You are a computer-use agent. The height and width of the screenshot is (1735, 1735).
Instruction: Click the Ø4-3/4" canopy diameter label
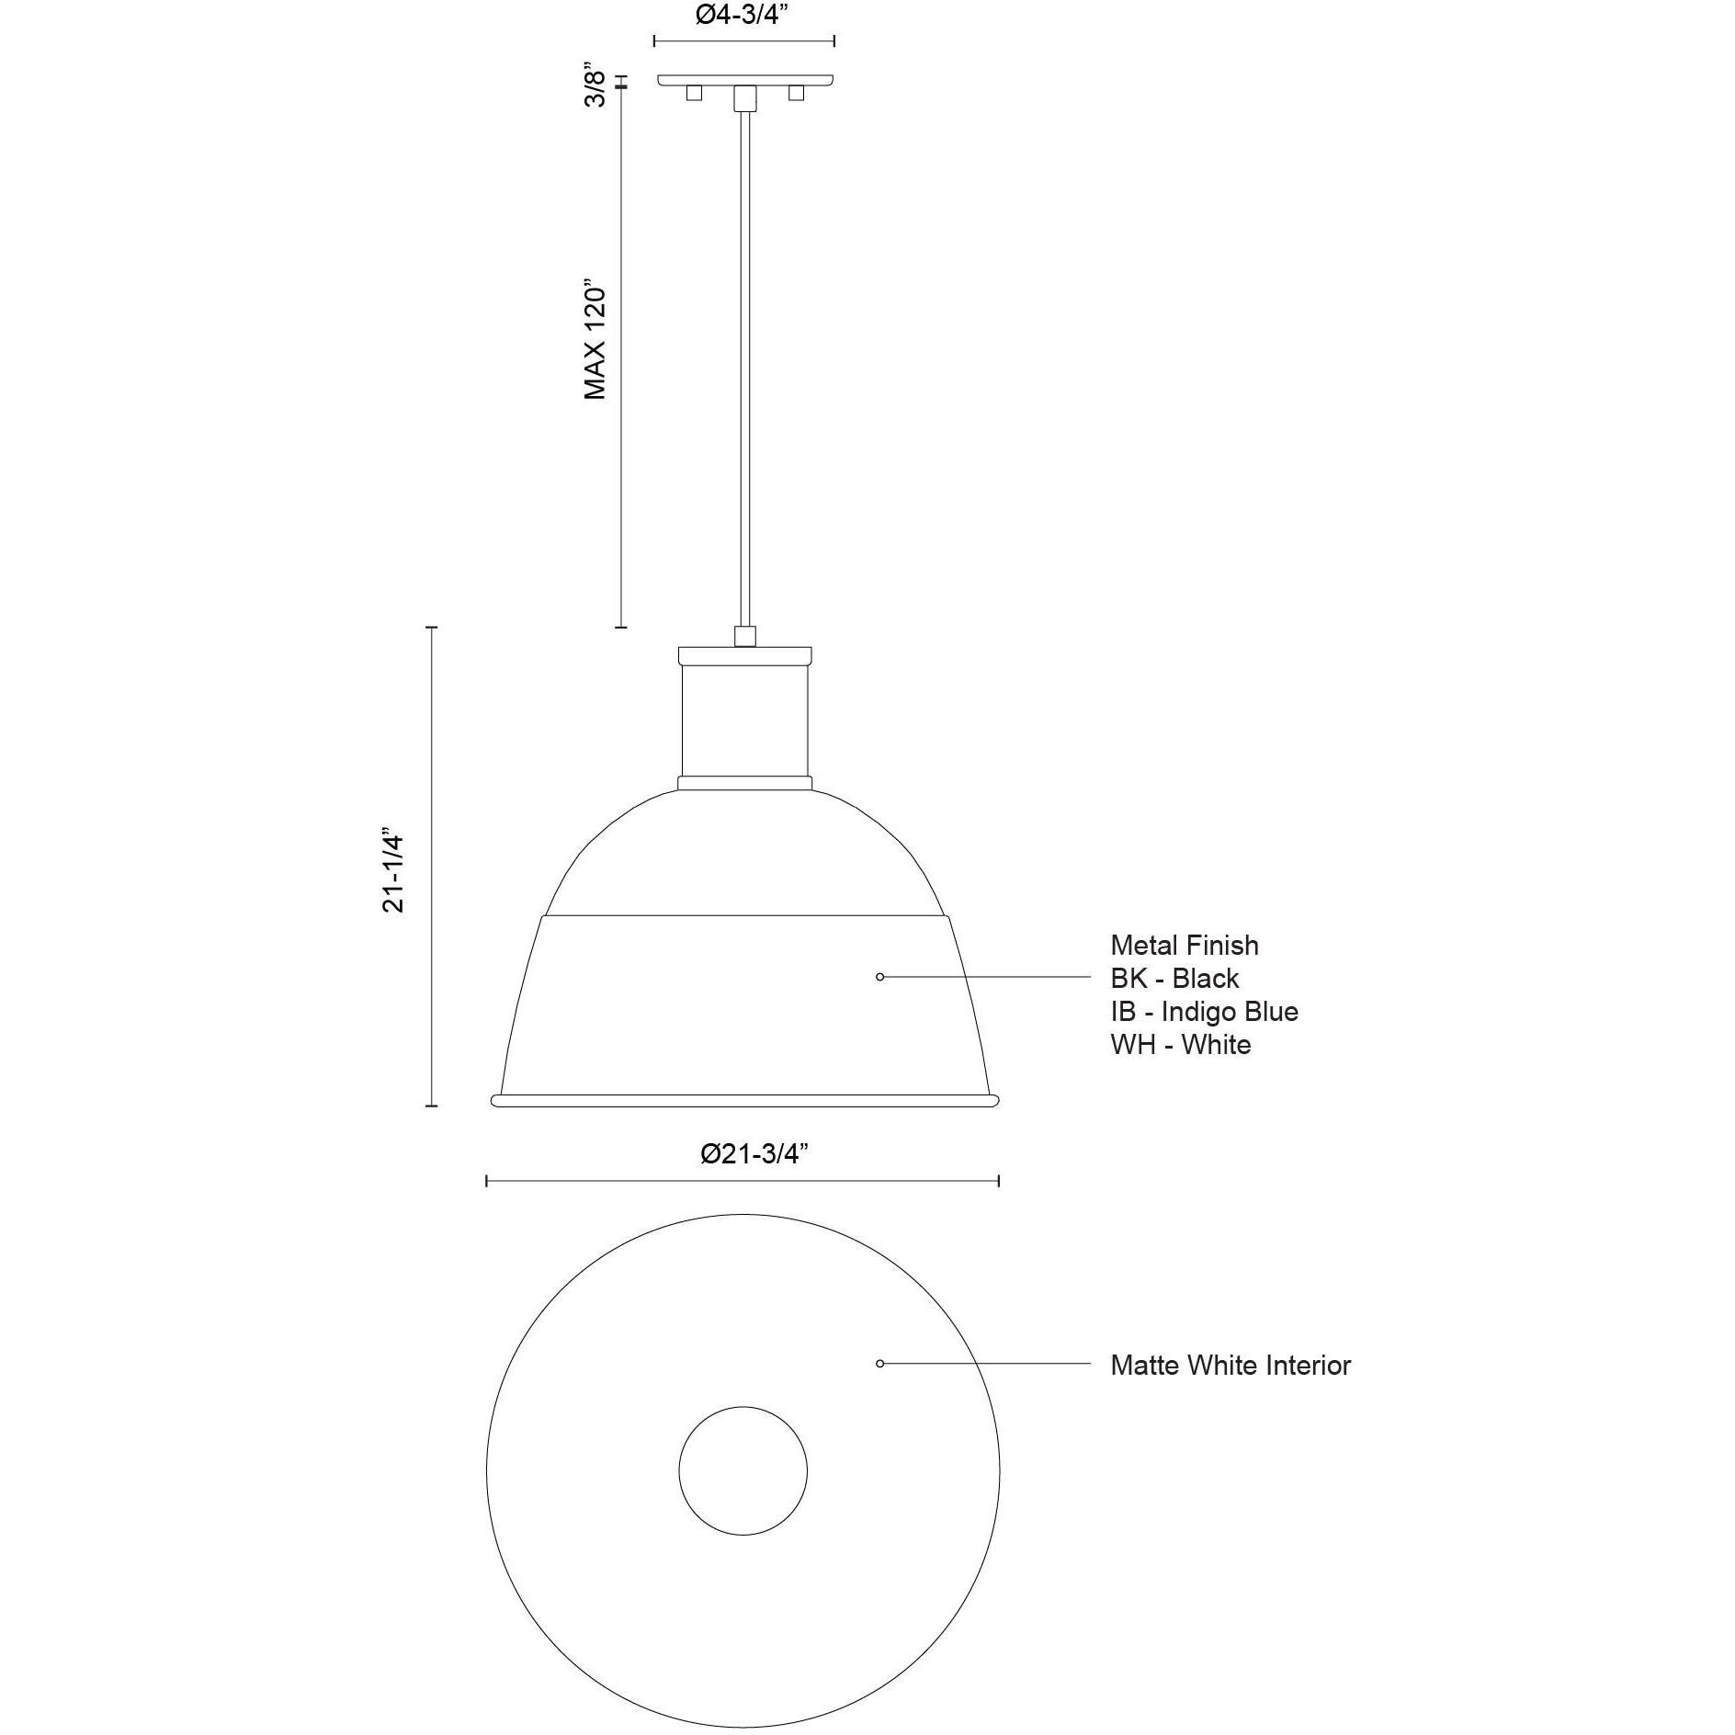[x=743, y=17]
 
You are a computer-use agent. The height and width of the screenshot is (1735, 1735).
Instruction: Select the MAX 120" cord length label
[x=595, y=338]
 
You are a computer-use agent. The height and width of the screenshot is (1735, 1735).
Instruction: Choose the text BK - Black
[x=1174, y=978]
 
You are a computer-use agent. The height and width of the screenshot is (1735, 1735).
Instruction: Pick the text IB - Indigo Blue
[x=1204, y=1011]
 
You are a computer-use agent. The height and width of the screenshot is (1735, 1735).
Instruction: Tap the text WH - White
[x=1180, y=1044]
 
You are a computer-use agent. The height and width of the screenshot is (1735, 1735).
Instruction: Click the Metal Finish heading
[x=1184, y=945]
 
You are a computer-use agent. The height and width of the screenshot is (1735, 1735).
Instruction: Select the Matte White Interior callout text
[x=1230, y=1365]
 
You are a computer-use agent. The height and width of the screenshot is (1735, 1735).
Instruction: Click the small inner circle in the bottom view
[x=743, y=1470]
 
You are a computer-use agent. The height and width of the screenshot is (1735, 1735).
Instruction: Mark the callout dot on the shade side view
[x=879, y=977]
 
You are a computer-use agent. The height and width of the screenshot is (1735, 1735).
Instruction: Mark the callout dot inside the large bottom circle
[x=879, y=1364]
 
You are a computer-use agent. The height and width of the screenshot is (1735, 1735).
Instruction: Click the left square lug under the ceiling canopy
[x=695, y=93]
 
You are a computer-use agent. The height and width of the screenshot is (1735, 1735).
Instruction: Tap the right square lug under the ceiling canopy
[x=796, y=93]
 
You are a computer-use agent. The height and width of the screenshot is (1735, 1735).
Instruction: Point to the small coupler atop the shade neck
[x=745, y=636]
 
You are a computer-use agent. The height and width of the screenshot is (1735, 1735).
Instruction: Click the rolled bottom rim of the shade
[x=744, y=1101]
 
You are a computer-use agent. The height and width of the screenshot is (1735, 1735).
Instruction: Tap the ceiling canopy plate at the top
[x=745, y=80]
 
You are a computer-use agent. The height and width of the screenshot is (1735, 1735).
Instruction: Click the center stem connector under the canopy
[x=745, y=97]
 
